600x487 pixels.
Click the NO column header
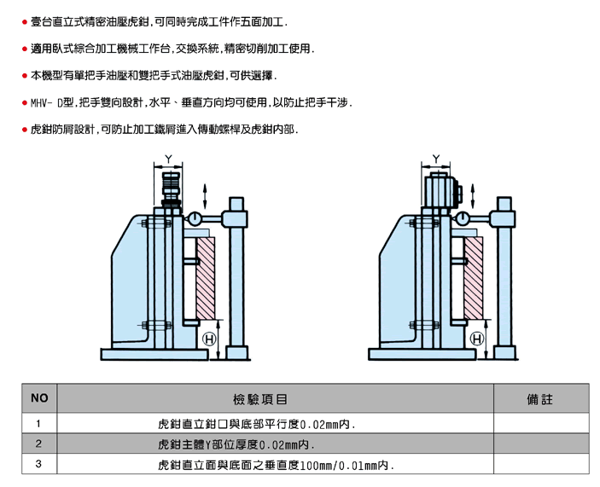[39, 398]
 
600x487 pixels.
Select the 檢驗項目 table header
[260, 399]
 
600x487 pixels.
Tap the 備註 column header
[540, 399]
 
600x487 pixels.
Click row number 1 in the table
[38, 424]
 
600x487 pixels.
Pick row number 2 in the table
[38, 444]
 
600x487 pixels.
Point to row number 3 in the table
[38, 464]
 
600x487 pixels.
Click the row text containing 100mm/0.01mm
[276, 465]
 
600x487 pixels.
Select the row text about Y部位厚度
[236, 444]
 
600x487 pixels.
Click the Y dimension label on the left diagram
[168, 159]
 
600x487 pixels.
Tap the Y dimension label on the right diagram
[436, 159]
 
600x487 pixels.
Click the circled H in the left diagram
[209, 339]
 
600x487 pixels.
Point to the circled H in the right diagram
[477, 339]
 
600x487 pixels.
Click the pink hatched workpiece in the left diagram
[206, 278]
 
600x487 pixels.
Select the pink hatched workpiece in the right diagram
[474, 278]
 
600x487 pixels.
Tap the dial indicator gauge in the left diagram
[195, 219]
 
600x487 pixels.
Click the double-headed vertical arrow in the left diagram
[205, 196]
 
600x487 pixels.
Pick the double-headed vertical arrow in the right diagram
[473, 196]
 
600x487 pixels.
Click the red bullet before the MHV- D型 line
[25, 103]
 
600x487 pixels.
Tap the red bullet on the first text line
[25, 22]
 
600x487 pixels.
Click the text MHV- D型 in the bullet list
[52, 103]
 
